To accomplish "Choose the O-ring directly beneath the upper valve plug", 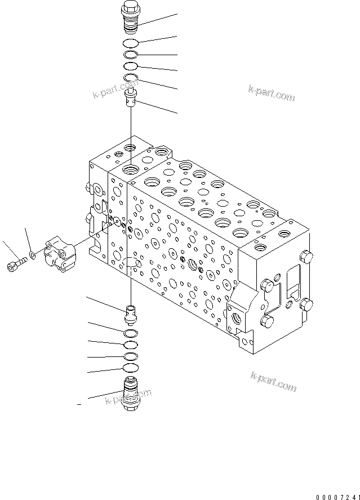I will click(x=130, y=44).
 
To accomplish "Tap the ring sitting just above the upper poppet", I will click(x=130, y=78).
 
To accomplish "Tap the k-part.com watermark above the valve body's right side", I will click(x=271, y=92).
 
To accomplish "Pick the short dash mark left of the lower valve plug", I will click(x=79, y=404).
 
